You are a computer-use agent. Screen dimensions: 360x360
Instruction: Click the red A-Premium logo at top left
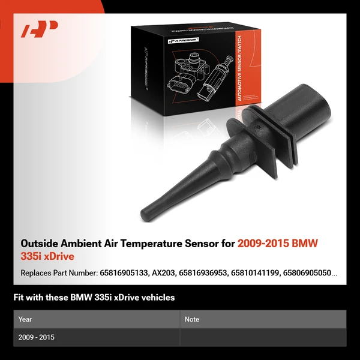[x=40, y=29]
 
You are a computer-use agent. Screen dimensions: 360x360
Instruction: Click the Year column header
[x=25, y=319]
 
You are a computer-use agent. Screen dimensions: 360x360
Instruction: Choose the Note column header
[x=192, y=319]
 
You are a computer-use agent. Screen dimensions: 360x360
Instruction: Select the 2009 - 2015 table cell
[x=36, y=337]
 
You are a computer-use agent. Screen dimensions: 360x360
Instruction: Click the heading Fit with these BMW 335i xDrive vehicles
[x=94, y=297]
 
